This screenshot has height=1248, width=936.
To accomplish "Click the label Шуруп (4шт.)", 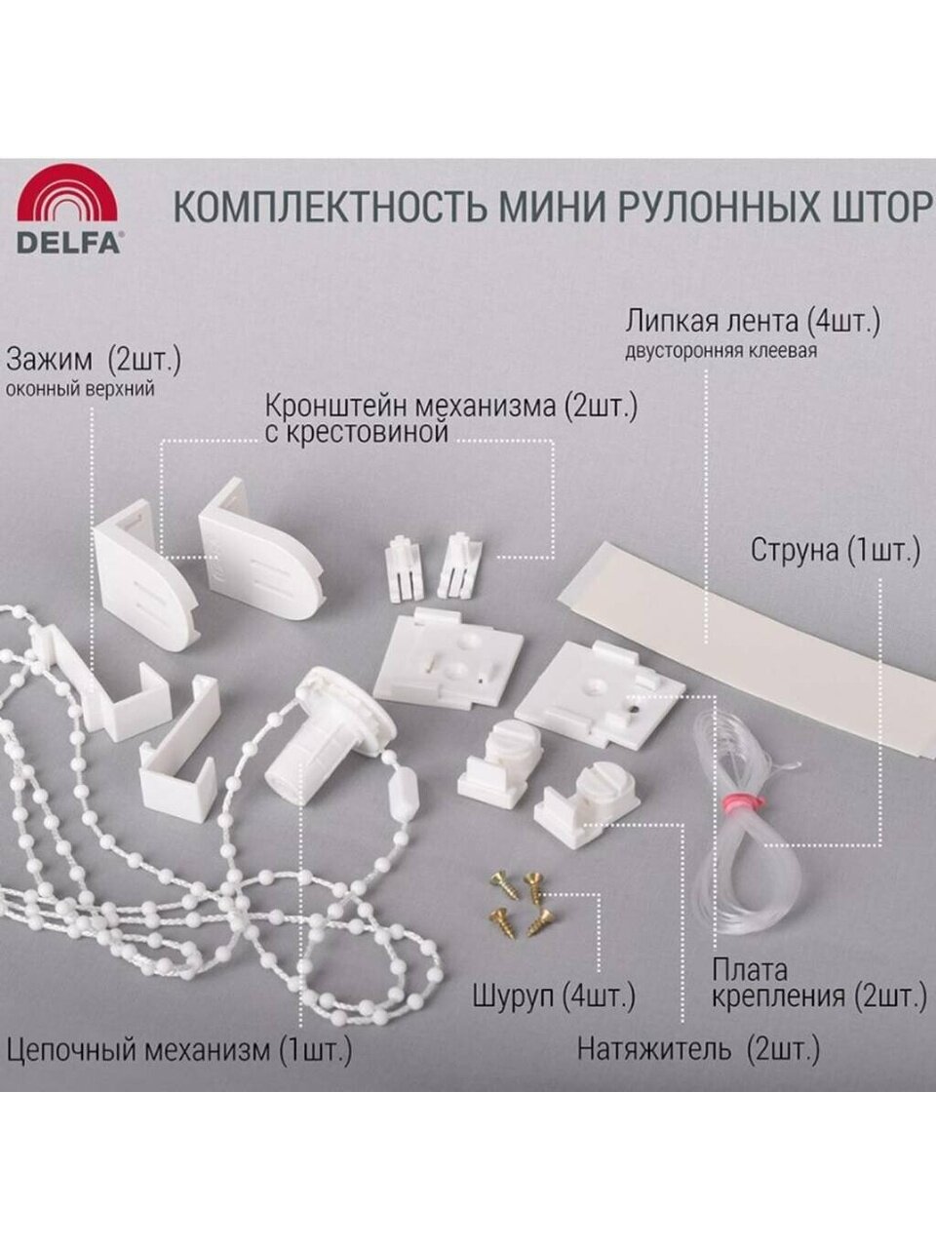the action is click(x=554, y=995).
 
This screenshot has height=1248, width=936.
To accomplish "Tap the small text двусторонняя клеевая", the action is click(x=721, y=351).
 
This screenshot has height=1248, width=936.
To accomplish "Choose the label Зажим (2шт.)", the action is click(x=94, y=361).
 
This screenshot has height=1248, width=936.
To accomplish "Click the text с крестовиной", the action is click(x=357, y=433).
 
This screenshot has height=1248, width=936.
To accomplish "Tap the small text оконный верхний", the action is click(x=80, y=391).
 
